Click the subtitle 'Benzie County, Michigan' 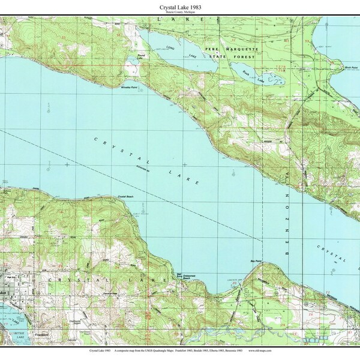[x=180, y=13]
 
